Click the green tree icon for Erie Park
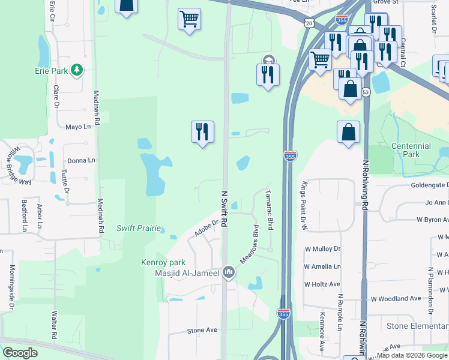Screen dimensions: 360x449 [76, 71]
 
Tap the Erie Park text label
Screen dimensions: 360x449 [51, 71]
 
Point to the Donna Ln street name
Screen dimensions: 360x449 [81, 160]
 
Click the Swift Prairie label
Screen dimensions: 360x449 [139, 228]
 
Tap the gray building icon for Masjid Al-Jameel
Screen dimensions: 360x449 [228, 273]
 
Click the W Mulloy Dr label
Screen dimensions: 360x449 [322, 248]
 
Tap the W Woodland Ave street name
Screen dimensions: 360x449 [396, 298]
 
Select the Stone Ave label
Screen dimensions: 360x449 [202, 330]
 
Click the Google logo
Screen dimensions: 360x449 [20, 353]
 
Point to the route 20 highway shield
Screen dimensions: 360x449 [309, 23]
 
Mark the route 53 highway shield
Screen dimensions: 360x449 [366, 92]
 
